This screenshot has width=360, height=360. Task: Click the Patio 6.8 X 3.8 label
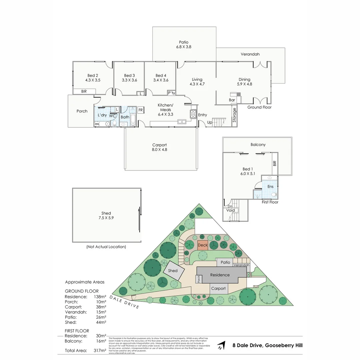tap(183, 45)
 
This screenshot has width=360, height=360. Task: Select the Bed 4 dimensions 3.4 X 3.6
tap(161, 80)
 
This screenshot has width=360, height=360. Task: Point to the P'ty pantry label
tap(171, 93)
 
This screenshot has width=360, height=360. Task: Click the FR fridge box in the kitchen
tap(141, 110)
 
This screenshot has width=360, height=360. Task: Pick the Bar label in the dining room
tap(232, 100)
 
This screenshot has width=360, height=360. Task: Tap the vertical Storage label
tap(234, 115)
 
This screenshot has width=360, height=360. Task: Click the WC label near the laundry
tap(112, 116)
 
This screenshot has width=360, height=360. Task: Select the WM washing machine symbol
tap(97, 124)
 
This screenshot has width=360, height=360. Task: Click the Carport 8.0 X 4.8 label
tap(159, 147)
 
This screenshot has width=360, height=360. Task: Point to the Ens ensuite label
tap(270, 187)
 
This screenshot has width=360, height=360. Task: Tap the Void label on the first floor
tap(231, 210)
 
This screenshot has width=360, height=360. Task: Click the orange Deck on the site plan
tap(203, 245)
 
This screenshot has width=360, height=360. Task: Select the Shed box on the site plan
tap(173, 270)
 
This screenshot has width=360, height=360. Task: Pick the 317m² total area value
tap(100, 350)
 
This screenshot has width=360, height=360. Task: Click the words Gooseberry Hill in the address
tap(284, 346)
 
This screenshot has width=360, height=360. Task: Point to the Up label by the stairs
tap(210, 122)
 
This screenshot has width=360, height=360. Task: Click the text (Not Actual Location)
tap(106, 247)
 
